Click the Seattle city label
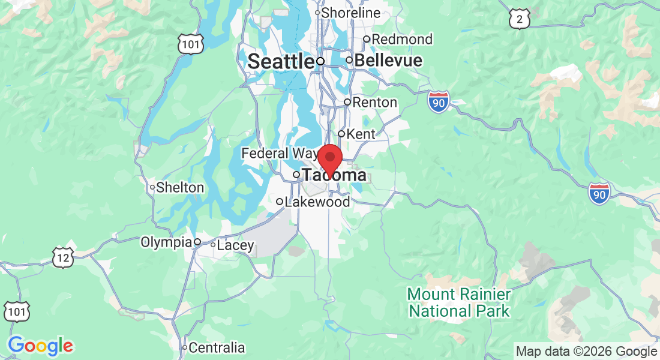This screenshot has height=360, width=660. [281, 61]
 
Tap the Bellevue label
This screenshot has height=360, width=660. [388, 61]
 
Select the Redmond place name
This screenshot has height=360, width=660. [402, 40]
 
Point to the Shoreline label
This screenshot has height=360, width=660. [351, 13]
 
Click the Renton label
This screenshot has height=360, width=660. [374, 103]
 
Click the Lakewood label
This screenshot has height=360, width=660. [317, 202]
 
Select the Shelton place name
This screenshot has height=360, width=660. [180, 188]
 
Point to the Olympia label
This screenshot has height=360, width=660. [166, 242]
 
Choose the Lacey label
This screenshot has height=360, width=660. [235, 245]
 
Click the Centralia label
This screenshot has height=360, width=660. [217, 348]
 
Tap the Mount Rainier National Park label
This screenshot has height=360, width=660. [459, 303]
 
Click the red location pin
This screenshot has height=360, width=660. [329, 158]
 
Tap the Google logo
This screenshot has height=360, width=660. [41, 346]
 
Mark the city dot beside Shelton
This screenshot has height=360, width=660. [152, 188]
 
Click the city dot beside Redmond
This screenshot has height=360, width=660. [367, 40]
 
